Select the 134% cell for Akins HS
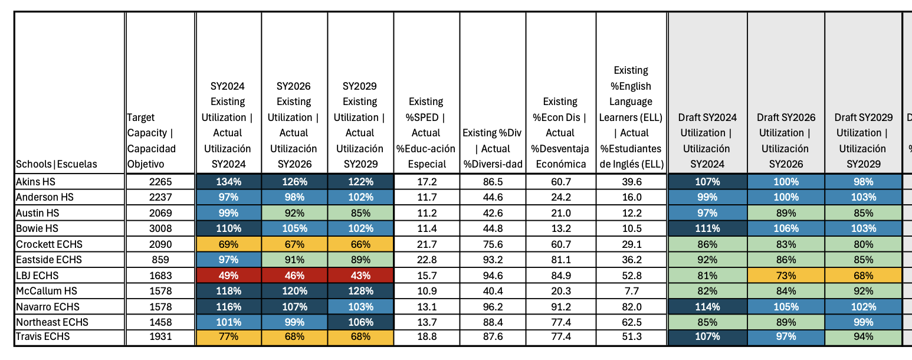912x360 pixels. (x=228, y=182)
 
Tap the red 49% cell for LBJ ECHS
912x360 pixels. (x=228, y=275)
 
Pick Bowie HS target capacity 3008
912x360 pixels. (x=160, y=228)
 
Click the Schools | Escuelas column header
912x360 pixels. (x=57, y=164)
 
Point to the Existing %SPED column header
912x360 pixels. (x=427, y=133)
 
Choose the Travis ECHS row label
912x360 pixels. (x=42, y=337)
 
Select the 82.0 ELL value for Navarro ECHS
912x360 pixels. (x=632, y=306)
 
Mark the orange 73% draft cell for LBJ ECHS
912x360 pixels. (x=786, y=275)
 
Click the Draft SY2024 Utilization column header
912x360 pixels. (x=707, y=140)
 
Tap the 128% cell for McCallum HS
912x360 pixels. (x=360, y=291)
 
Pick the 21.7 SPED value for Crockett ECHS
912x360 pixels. (x=427, y=244)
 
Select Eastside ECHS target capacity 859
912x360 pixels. (x=160, y=260)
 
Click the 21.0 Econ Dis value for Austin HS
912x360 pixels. (x=560, y=213)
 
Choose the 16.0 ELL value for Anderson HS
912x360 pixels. (x=632, y=197)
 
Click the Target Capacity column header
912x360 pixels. (x=152, y=140)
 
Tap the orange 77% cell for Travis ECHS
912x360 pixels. (x=228, y=337)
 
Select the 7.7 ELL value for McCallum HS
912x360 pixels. (x=632, y=291)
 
